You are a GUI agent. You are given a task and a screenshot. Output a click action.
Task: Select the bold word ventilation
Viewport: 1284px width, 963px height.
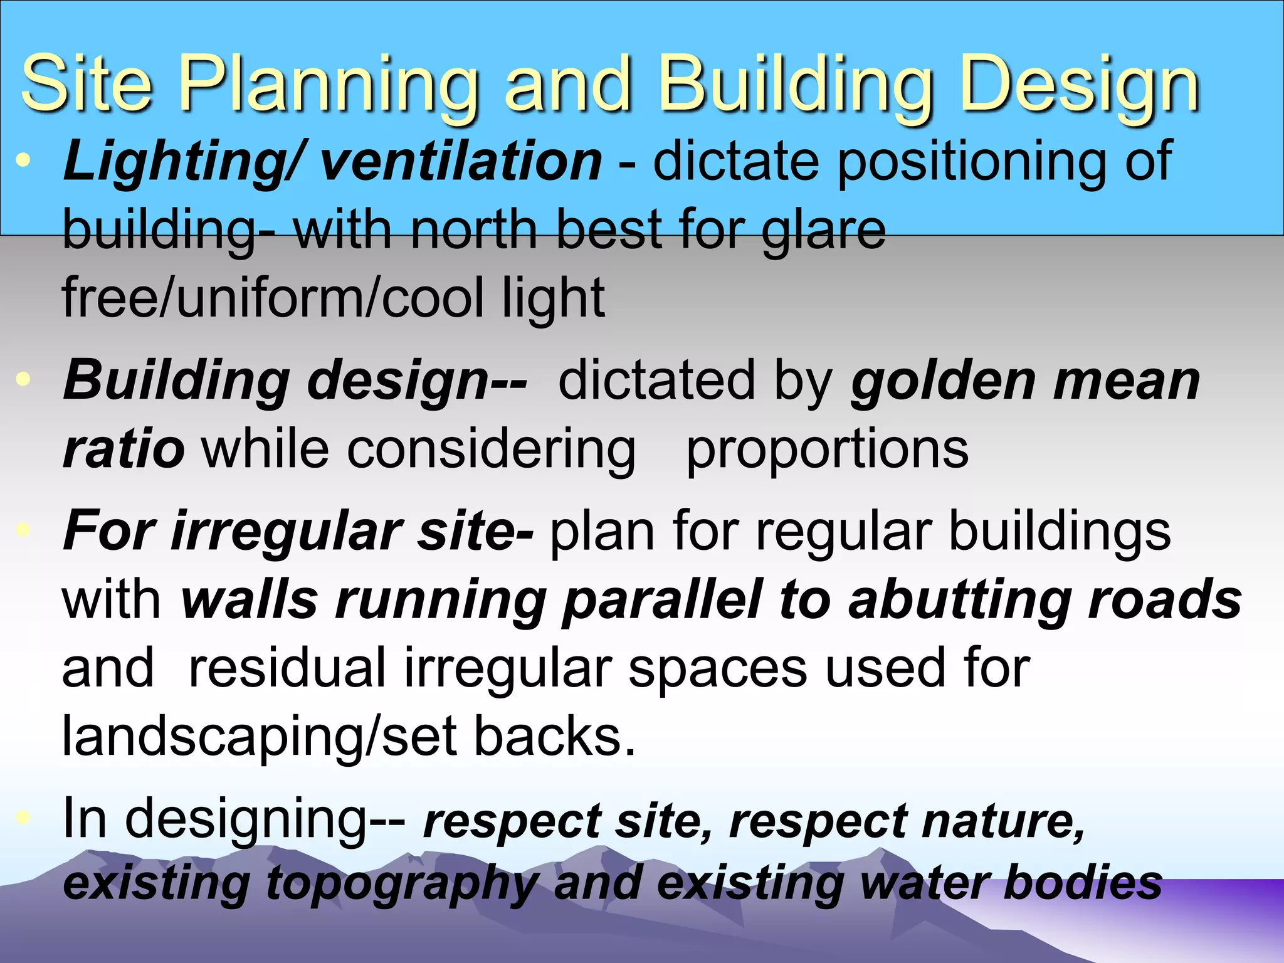point(461,161)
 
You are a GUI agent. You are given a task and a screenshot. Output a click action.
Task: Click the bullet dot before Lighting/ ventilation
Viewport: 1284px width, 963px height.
point(24,160)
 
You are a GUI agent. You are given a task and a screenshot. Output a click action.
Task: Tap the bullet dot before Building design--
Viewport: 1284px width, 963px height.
point(24,379)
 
